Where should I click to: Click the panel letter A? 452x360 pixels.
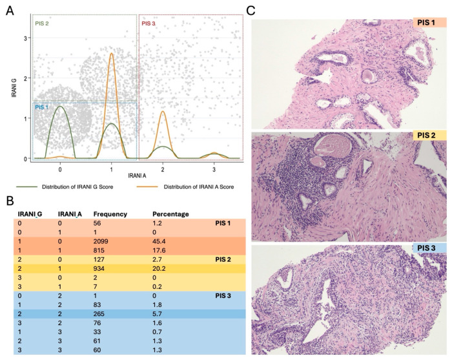click(10, 11)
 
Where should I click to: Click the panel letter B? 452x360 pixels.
click(10, 201)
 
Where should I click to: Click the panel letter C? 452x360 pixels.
click(251, 11)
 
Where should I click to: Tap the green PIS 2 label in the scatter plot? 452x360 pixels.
click(42, 23)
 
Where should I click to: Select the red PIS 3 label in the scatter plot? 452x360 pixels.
click(148, 23)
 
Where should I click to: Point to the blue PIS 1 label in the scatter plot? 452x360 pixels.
click(42, 107)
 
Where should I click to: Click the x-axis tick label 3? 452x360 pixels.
click(214, 170)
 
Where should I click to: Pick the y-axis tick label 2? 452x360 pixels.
click(25, 78)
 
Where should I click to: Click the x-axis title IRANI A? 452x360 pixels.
click(137, 175)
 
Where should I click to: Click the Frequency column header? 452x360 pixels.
click(110, 214)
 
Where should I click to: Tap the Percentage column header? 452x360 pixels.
click(170, 214)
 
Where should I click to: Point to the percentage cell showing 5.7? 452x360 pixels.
click(157, 314)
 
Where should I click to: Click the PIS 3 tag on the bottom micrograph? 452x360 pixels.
click(426, 248)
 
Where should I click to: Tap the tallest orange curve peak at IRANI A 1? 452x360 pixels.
click(111, 53)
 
